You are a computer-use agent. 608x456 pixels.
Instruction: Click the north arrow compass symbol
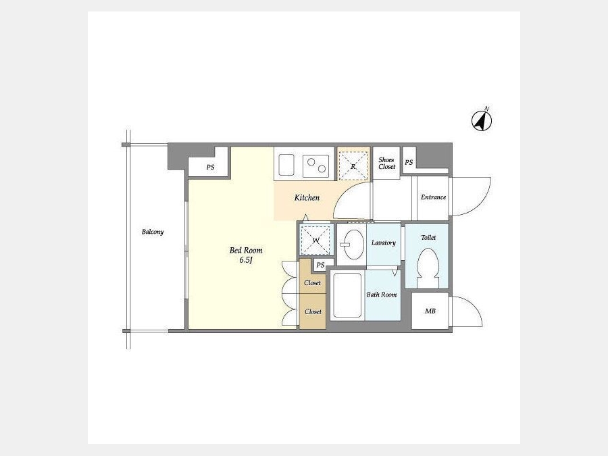[482, 120]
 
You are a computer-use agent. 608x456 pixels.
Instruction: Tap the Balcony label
[153, 232]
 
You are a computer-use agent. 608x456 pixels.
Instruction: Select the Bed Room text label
[246, 251]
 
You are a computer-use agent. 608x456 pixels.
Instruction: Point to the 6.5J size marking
[246, 260]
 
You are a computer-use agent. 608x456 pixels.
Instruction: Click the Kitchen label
[307, 198]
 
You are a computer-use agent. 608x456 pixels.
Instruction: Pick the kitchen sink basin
[286, 164]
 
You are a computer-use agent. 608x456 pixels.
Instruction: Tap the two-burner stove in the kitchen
[316, 166]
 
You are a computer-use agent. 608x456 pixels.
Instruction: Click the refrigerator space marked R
[353, 166]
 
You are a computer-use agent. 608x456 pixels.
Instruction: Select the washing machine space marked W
[315, 240]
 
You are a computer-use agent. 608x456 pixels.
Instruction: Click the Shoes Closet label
[386, 163]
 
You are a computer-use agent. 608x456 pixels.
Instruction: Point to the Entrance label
[433, 197]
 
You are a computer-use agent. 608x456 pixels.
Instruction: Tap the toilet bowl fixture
[428, 268]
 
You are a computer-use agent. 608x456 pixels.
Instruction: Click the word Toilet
[428, 237]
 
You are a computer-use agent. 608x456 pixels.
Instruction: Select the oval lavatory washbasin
[353, 245]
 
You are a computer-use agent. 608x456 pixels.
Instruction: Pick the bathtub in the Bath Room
[347, 295]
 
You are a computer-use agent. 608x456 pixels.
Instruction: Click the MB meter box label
[430, 311]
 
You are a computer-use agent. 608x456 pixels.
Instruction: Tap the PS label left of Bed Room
[210, 167]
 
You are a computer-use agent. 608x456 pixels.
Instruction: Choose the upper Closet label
[312, 282]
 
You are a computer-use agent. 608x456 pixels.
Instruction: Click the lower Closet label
[313, 311]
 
